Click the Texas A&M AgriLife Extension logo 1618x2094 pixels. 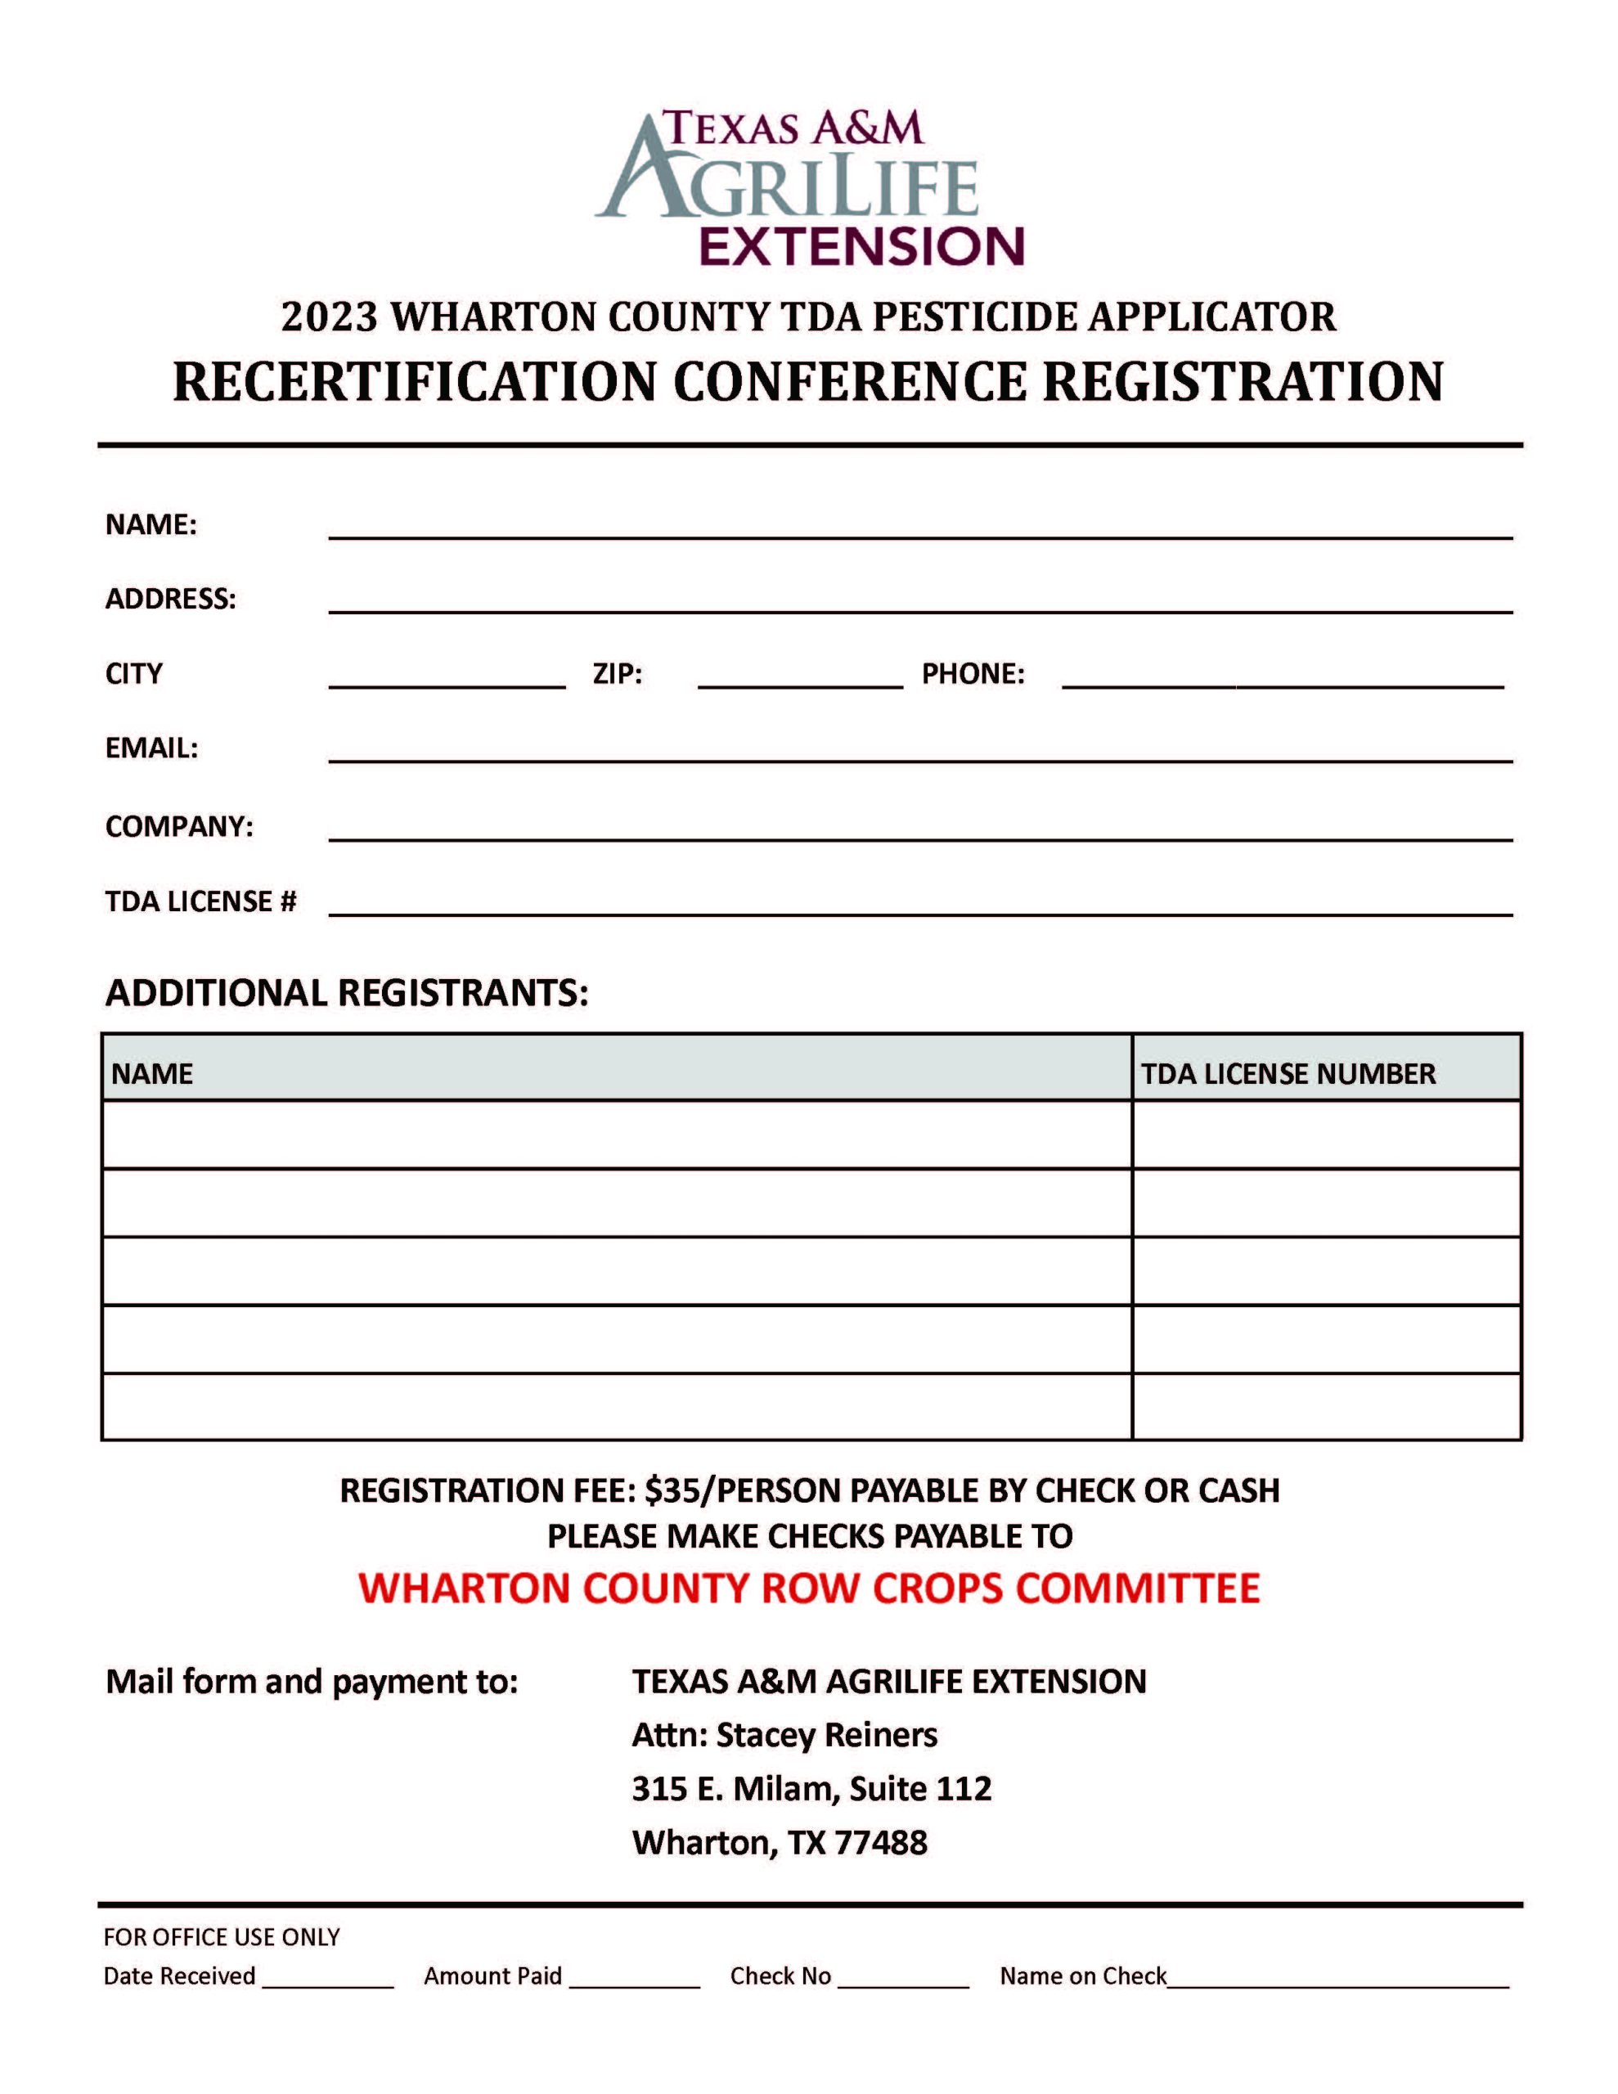tap(808, 188)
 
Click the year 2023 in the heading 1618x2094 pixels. tap(329, 317)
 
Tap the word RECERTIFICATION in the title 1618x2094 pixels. tap(412, 382)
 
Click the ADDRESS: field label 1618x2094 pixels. tap(170, 600)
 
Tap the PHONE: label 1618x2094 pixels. tap(973, 674)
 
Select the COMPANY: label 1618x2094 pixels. tap(178, 826)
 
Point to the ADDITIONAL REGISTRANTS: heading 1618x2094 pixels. tap(346, 993)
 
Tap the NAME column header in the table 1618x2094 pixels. tap(151, 1074)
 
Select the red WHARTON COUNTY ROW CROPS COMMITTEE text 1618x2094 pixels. tap(808, 1588)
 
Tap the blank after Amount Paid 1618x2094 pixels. tap(634, 1979)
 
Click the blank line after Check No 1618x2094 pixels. tap(902, 1979)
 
